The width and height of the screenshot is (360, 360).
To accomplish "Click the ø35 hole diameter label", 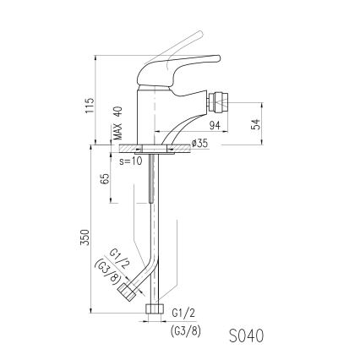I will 199,144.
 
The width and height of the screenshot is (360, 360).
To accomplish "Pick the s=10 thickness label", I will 130,159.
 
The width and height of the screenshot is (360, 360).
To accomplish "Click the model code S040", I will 246,335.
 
